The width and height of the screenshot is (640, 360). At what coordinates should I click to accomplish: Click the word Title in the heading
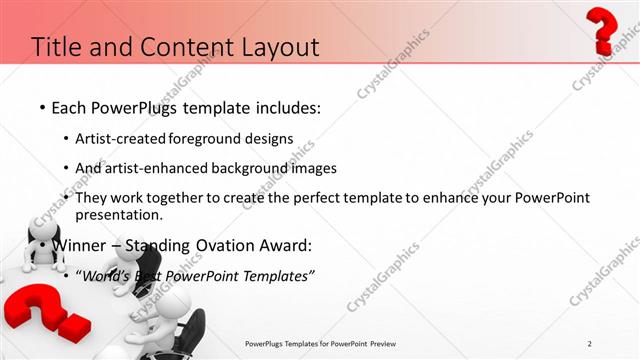[56, 47]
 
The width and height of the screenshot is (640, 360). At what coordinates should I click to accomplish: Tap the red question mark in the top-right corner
[604, 29]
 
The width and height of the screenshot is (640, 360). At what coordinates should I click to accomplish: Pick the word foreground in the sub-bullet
[204, 138]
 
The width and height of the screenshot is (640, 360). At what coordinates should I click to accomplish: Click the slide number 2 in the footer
[590, 344]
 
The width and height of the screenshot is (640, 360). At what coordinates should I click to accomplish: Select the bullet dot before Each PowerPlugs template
[41, 107]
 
